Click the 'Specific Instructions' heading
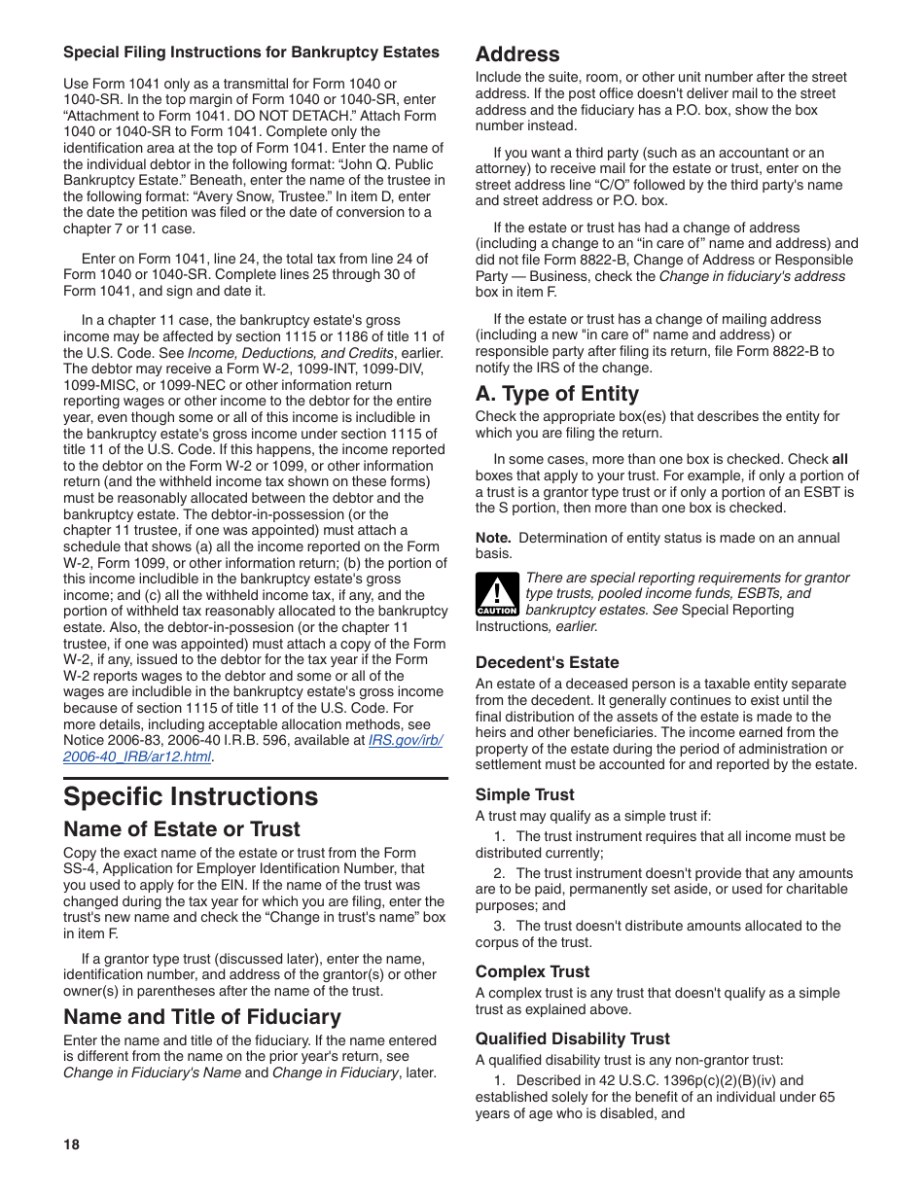(x=191, y=796)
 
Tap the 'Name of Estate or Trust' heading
(x=182, y=829)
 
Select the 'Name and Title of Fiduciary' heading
(x=202, y=1017)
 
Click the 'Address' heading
(x=517, y=54)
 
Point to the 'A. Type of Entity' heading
(x=557, y=394)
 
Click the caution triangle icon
(x=497, y=594)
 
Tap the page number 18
(x=71, y=1144)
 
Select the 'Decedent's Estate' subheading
(x=547, y=663)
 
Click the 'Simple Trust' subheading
(x=524, y=794)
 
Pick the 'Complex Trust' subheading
(x=532, y=971)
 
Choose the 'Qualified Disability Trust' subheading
(x=572, y=1038)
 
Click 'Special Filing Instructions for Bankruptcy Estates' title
(x=251, y=53)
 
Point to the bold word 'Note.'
(x=493, y=538)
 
